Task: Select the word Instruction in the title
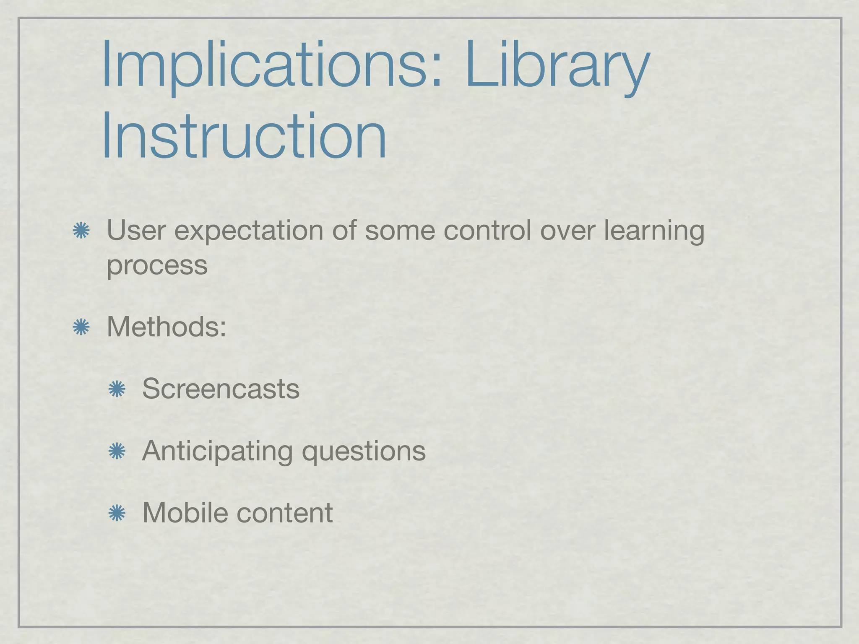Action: tap(243, 136)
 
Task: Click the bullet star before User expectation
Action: tap(81, 231)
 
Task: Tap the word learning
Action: tap(654, 231)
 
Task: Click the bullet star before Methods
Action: tap(81, 327)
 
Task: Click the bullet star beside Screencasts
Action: tap(117, 390)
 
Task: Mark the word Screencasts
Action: tap(221, 389)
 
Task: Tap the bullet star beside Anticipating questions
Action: tap(117, 451)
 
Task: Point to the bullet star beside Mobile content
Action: tap(117, 513)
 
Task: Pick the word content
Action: tap(285, 513)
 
